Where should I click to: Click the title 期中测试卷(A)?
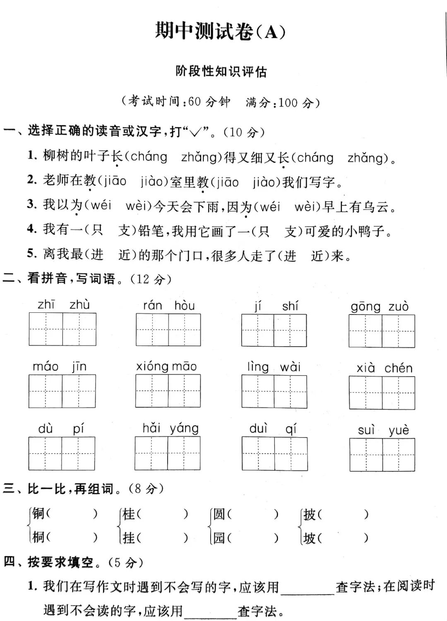(x=220, y=31)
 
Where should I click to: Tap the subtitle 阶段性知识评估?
(x=221, y=71)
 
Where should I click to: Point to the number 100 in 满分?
(x=288, y=102)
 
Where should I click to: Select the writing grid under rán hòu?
(x=168, y=330)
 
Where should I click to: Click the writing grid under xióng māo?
(x=168, y=391)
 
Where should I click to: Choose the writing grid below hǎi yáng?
(x=168, y=453)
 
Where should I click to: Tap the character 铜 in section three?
(x=38, y=514)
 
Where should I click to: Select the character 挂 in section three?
(x=129, y=538)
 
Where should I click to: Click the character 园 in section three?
(x=219, y=538)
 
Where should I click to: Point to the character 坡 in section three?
(x=309, y=538)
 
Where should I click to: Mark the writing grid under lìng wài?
(x=274, y=392)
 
